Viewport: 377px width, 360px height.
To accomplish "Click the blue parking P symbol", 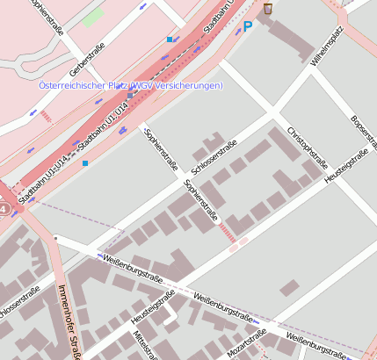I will tap(247, 27).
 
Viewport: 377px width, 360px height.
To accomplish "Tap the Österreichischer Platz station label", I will tap(130, 85).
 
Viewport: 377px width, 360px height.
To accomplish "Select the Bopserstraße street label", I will tap(361, 131).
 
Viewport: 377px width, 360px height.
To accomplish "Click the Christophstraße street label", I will tap(307, 147).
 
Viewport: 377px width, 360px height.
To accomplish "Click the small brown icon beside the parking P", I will tap(267, 9).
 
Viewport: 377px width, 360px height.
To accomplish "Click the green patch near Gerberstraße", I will tap(92, 16).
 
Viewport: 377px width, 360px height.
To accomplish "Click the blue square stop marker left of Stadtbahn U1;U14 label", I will tap(170, 40).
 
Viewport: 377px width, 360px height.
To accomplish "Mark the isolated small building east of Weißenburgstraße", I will tap(288, 287).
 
